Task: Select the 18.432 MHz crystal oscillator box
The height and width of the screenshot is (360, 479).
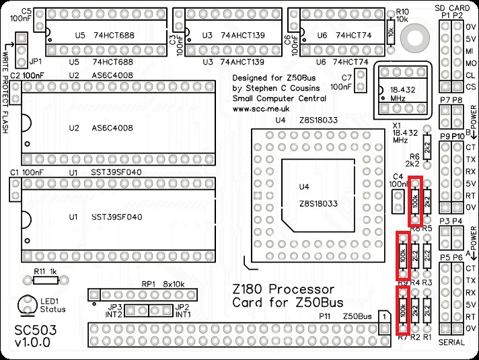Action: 402,89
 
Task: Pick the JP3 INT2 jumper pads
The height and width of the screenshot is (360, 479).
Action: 138,310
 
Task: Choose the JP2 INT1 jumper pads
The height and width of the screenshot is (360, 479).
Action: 161,310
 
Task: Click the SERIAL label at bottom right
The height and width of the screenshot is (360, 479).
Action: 451,343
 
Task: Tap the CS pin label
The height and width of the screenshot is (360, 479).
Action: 470,87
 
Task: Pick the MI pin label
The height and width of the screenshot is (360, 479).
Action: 470,51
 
